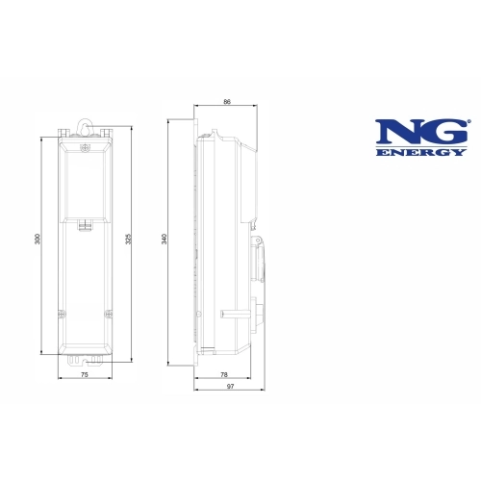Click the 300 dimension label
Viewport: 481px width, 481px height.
[x=38, y=239]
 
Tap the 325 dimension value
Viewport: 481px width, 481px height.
[x=128, y=239]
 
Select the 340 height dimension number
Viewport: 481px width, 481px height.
[x=165, y=239]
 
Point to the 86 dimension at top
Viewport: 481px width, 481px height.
[x=227, y=102]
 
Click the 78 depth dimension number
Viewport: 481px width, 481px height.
[x=224, y=374]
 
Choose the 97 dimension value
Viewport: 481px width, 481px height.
[x=230, y=387]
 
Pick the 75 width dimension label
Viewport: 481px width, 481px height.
[x=85, y=374]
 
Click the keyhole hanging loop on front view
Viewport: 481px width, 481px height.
[x=85, y=128]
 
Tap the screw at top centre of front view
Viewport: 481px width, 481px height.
[x=85, y=148]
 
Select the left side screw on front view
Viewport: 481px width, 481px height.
[x=62, y=314]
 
